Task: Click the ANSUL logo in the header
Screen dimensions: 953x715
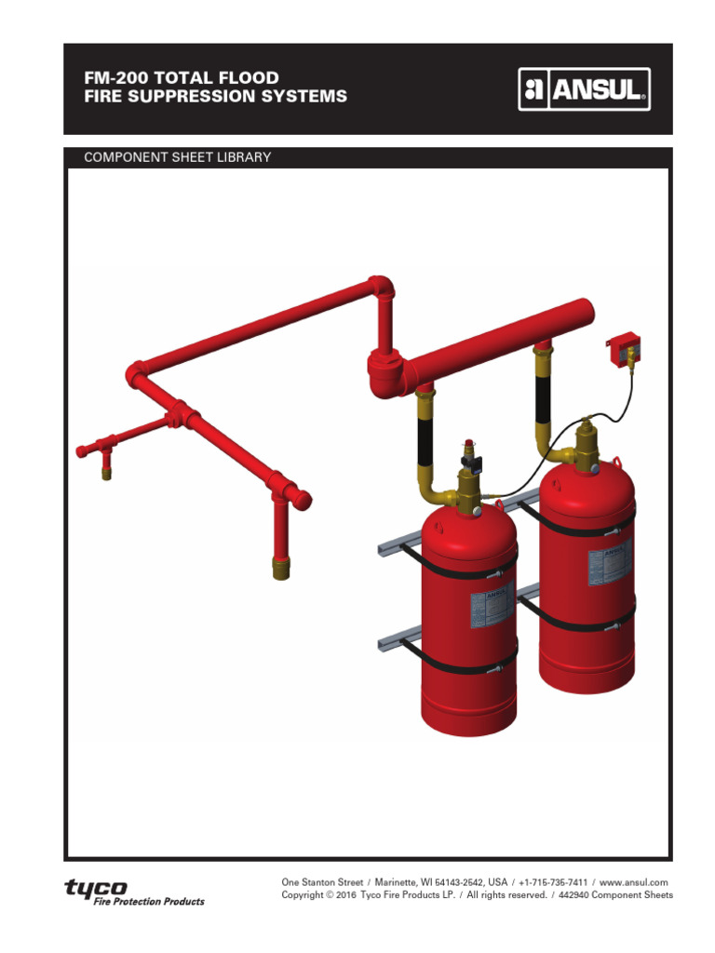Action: [x=584, y=91]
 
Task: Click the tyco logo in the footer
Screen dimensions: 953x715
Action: [x=96, y=888]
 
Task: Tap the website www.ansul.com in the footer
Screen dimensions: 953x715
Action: [x=634, y=882]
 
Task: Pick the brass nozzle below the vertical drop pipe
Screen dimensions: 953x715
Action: [x=281, y=567]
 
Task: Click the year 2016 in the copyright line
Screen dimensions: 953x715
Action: [x=346, y=895]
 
